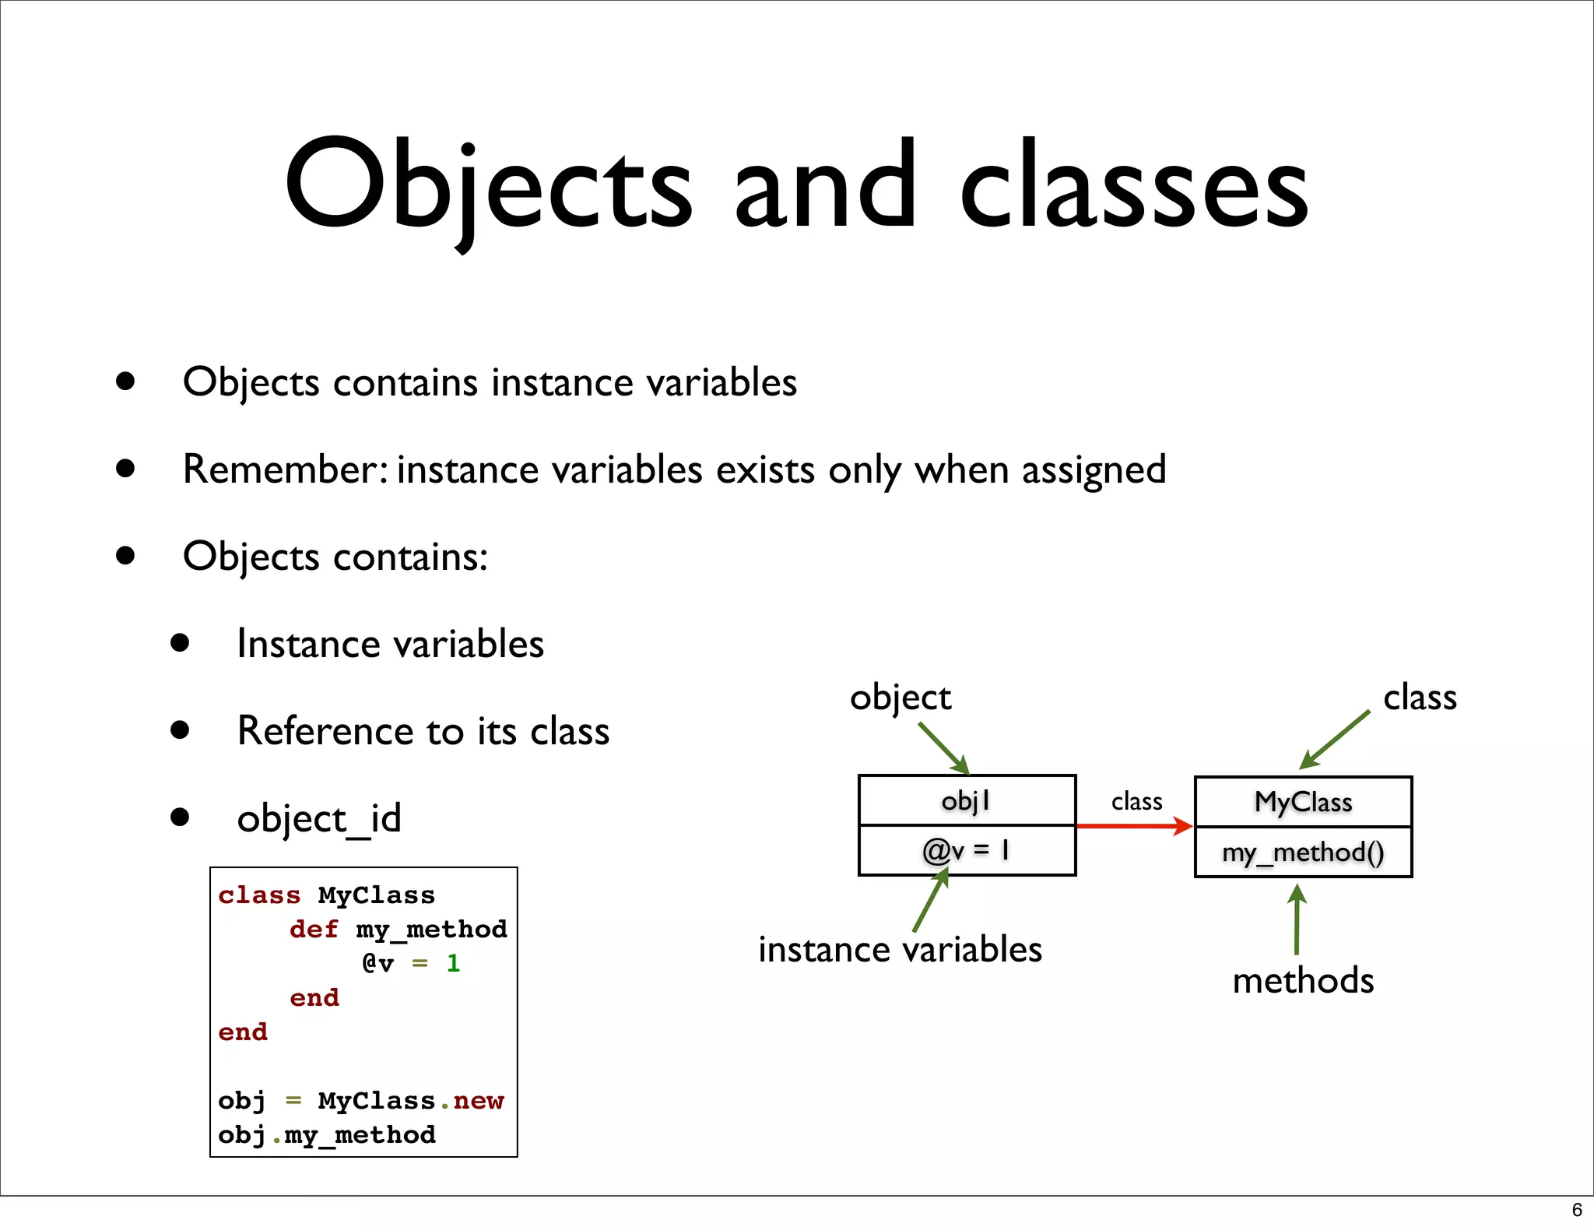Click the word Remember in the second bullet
(283, 469)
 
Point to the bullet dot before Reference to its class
(181, 730)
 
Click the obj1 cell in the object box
(967, 800)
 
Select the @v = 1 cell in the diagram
(967, 850)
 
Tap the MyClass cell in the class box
(1303, 802)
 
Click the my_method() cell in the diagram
(1303, 853)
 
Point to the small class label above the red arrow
(1136, 801)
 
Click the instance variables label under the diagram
(900, 950)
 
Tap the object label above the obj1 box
(900, 698)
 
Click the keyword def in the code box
(314, 929)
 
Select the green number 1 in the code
(453, 964)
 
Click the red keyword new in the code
(479, 1101)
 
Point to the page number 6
(1577, 1210)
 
